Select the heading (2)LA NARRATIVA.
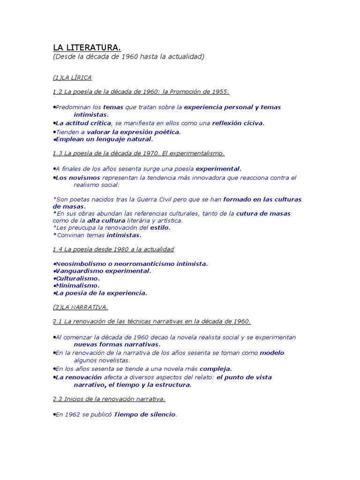coord(80,307)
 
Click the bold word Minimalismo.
coord(78,285)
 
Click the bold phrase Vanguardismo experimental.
coord(104,271)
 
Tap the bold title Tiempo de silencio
coord(144,414)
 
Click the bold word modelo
coord(272,352)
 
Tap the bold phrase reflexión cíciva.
coord(238,123)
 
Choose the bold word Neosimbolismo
coord(82,263)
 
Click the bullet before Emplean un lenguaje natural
coord(54,139)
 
